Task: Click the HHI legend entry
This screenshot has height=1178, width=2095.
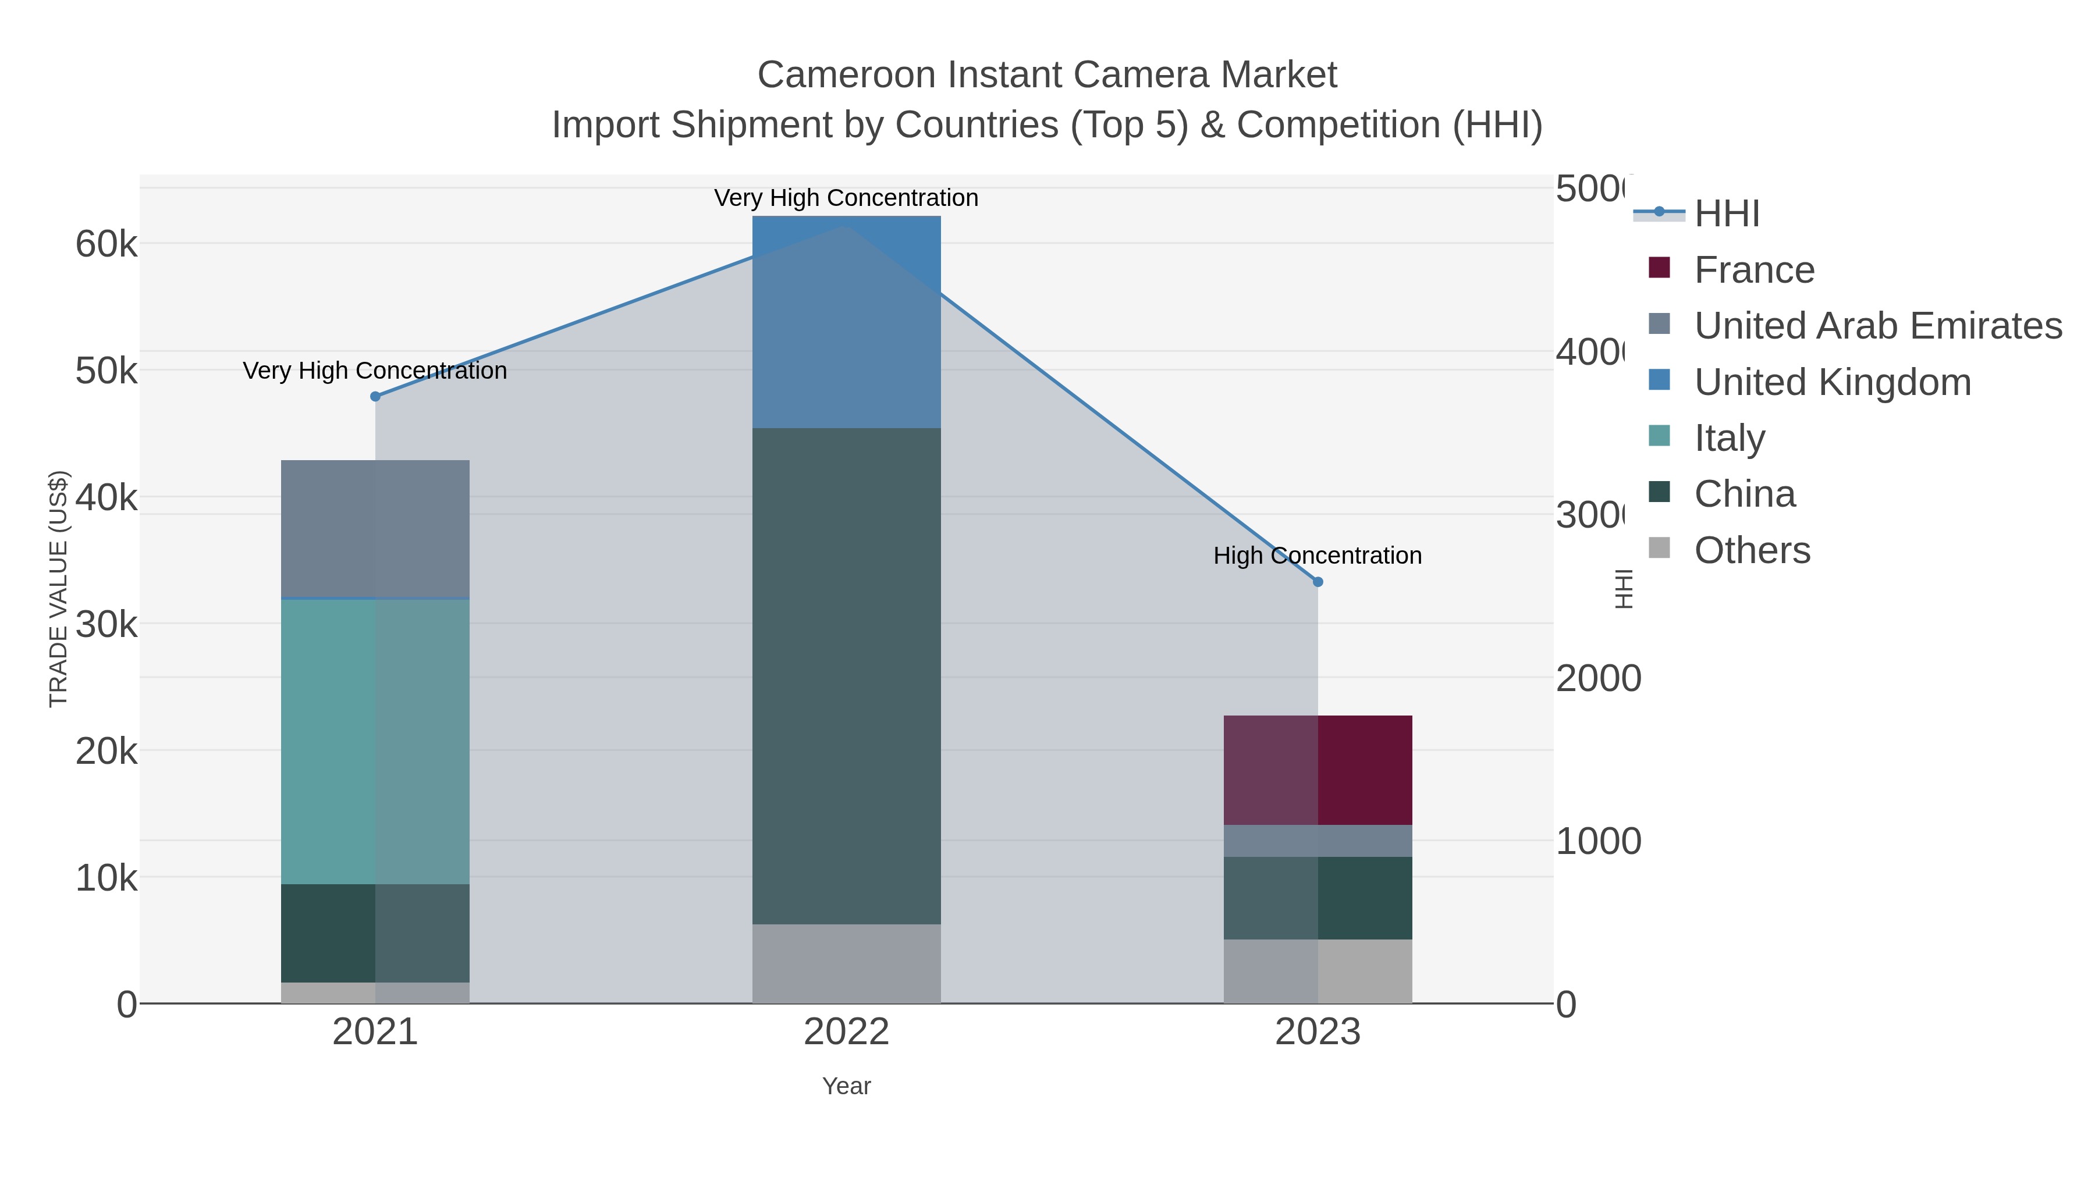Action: coord(1726,214)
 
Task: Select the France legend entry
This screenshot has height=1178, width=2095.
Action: coord(1753,270)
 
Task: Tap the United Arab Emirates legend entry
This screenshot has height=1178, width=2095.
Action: coord(1877,326)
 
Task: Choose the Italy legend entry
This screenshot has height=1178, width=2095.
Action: coord(1729,438)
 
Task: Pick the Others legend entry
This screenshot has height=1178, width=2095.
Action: coord(1752,550)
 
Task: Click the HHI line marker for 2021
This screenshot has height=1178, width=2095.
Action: coord(375,397)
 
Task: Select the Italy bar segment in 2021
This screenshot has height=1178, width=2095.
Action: coord(375,742)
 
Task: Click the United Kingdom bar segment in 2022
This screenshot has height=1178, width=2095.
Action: coord(846,322)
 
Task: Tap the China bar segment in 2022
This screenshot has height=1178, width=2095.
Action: coord(846,675)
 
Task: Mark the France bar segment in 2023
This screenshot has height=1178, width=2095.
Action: coord(1318,770)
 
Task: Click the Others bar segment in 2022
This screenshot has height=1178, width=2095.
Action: coord(846,963)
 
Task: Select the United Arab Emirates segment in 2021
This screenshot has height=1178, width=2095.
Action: coord(375,528)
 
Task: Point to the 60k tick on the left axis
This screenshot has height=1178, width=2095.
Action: coord(106,244)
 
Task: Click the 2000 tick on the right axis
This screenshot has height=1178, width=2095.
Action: coord(1598,679)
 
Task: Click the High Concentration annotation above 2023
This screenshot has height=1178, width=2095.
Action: coord(1318,556)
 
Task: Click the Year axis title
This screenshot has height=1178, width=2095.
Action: coord(846,1086)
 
